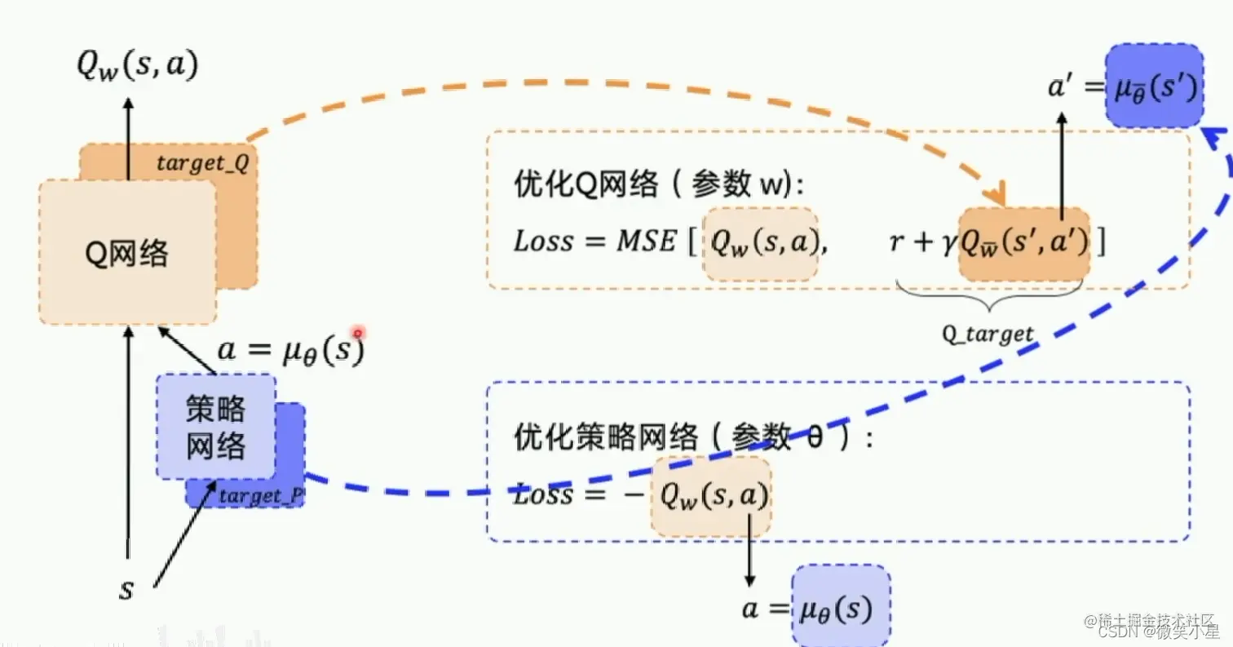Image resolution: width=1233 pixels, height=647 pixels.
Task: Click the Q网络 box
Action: click(x=127, y=252)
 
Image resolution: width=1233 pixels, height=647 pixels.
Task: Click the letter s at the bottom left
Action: click(x=126, y=589)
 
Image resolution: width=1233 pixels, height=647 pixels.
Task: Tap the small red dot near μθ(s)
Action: click(x=357, y=333)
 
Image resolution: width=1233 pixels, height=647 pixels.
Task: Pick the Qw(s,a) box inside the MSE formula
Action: click(x=760, y=243)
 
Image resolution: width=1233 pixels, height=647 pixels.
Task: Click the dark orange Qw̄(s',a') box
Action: click(x=1023, y=243)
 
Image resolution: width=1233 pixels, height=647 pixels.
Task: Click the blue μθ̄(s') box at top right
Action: click(x=1154, y=86)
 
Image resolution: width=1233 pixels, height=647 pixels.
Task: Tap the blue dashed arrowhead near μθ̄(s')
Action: click(x=1217, y=140)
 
